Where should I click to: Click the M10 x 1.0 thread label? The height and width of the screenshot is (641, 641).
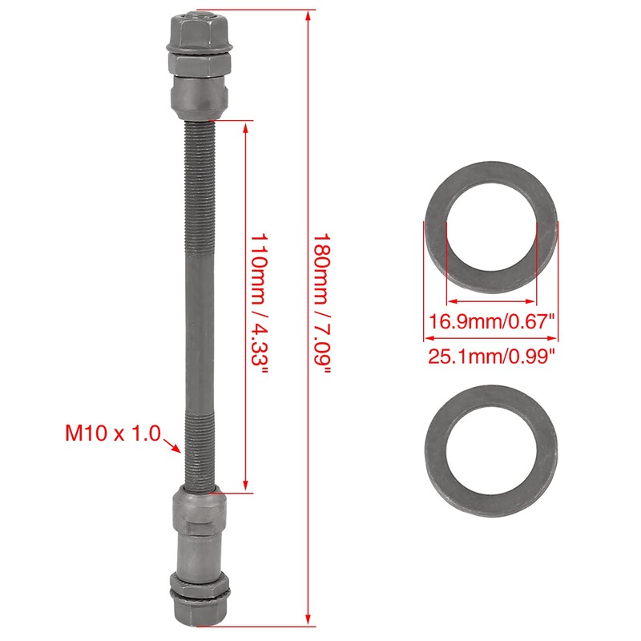point(112,434)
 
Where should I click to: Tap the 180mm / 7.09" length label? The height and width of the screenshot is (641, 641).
point(321,308)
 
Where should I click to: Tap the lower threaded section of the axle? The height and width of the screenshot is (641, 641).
point(198,449)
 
